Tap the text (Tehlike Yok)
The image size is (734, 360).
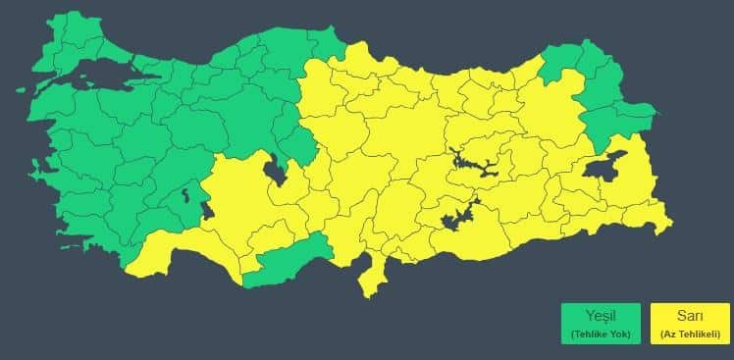tap(600, 334)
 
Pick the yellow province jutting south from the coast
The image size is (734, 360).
tap(371, 276)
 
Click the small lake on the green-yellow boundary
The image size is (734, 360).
tap(206, 209)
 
